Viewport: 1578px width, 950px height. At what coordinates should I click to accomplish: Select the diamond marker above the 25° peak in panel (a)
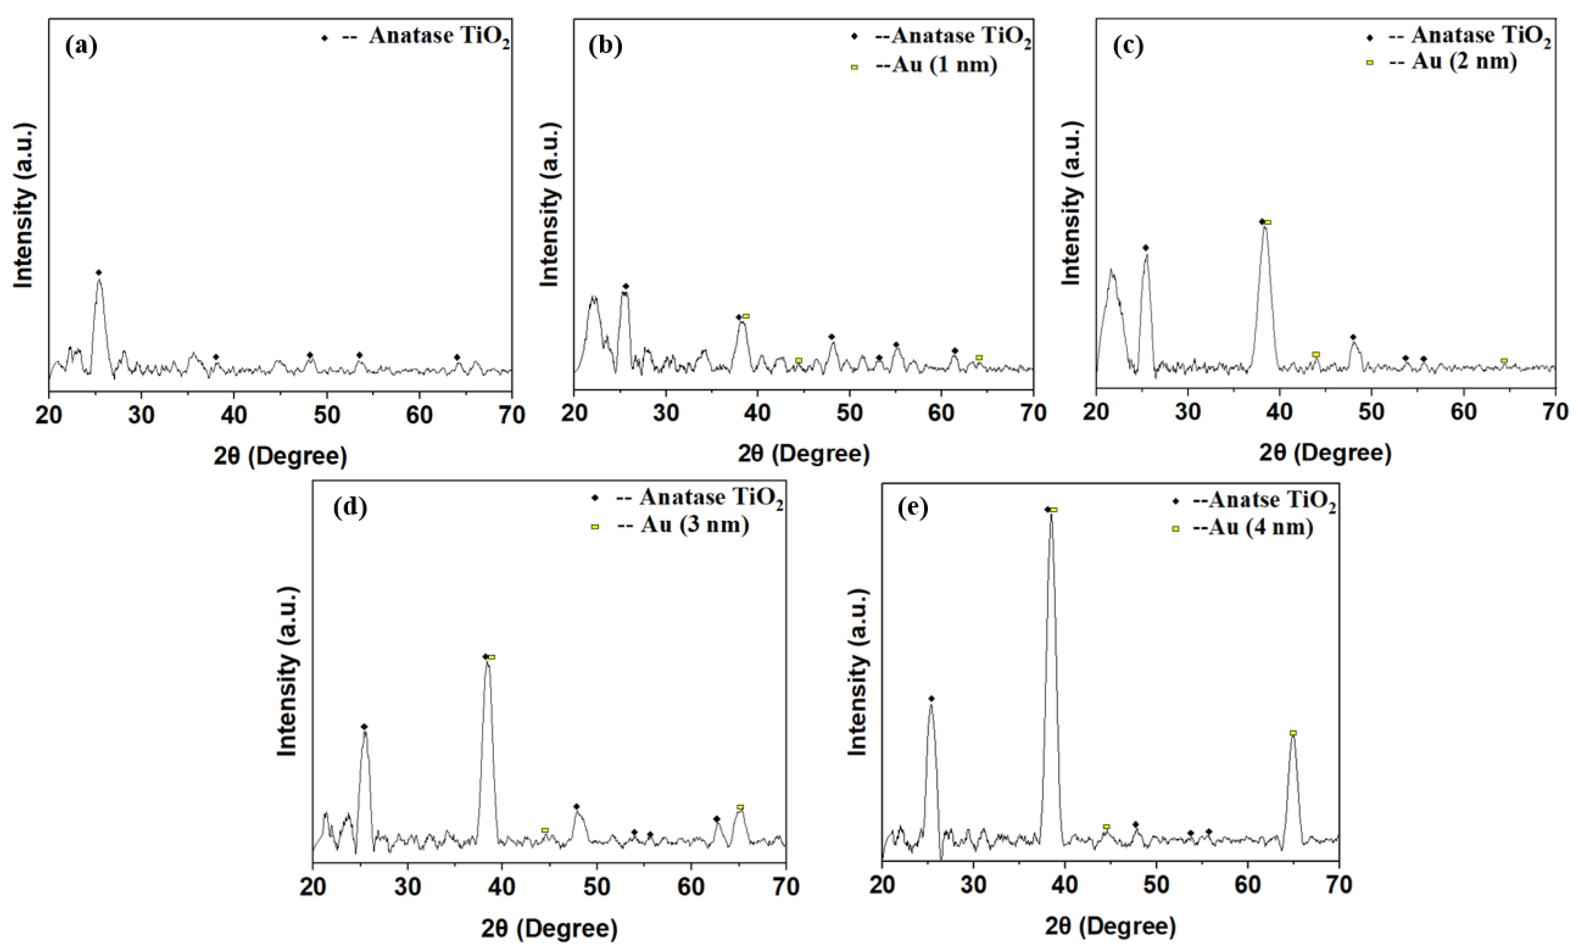pyautogui.click(x=98, y=273)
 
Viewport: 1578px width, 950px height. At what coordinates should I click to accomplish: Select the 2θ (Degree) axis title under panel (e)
pyautogui.click(x=1111, y=926)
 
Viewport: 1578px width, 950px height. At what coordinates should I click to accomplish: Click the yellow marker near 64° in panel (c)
pyautogui.click(x=1504, y=361)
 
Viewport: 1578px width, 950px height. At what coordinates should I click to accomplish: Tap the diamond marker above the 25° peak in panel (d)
pyautogui.click(x=364, y=726)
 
